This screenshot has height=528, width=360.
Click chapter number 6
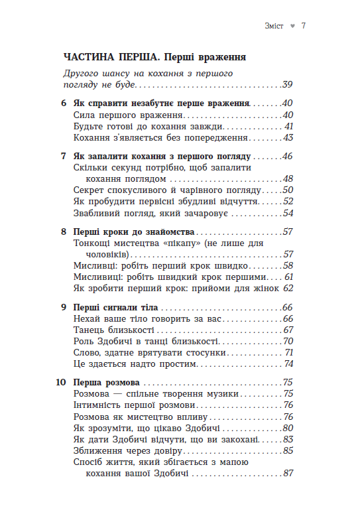click(x=64, y=103)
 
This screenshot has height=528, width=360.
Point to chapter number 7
click(x=64, y=157)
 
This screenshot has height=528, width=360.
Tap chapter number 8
click(x=64, y=233)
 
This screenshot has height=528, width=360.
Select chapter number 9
click(x=64, y=308)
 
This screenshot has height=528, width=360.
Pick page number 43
click(x=288, y=137)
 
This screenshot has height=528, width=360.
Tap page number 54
click(x=287, y=214)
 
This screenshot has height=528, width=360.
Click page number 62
click(x=287, y=289)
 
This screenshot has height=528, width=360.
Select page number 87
click(x=287, y=474)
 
